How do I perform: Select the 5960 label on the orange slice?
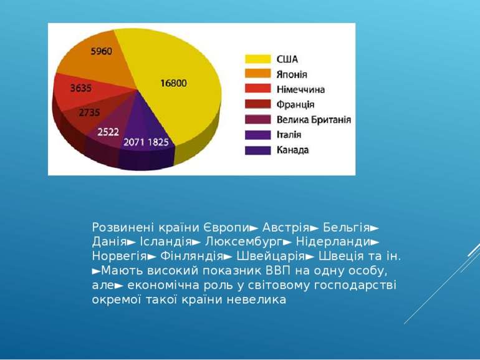point(102,52)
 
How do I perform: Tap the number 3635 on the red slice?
point(80,89)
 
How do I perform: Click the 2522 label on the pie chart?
point(110,132)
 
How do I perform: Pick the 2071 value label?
point(134,142)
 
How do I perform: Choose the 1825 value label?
point(158,142)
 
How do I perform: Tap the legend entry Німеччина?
point(300,89)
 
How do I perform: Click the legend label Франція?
point(295,104)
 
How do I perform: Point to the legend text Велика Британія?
point(314,119)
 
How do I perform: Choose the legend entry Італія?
point(289,134)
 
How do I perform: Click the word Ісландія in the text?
point(165,241)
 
